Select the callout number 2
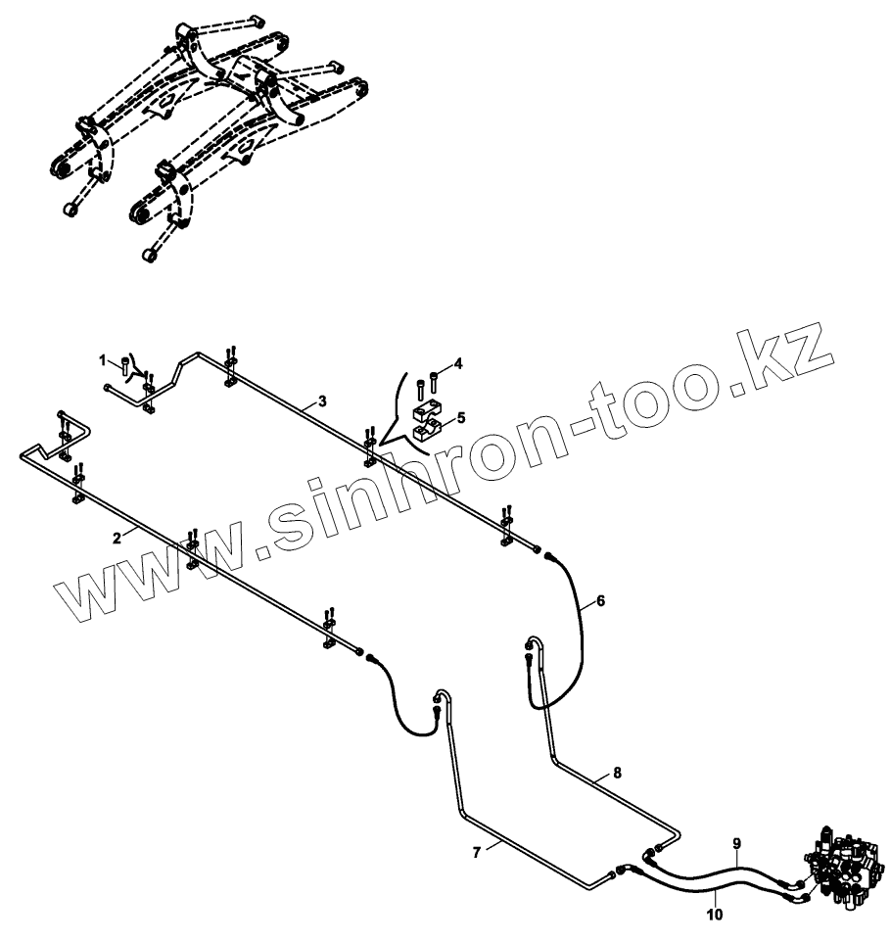[x=117, y=537]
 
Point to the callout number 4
[x=458, y=364]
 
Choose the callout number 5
[x=460, y=417]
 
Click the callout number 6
[x=600, y=602]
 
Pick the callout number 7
[x=477, y=852]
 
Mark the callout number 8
[x=617, y=772]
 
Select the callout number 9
[x=737, y=842]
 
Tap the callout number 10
[x=715, y=915]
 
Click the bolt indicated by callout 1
[x=125, y=368]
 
